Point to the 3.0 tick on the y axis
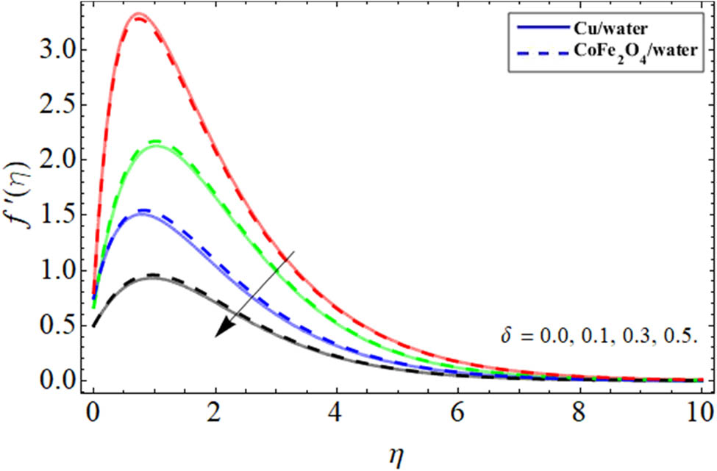pyautogui.click(x=55, y=49)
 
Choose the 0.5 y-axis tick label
pyautogui.click(x=55, y=326)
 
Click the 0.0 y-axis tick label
pyautogui.click(x=55, y=381)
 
